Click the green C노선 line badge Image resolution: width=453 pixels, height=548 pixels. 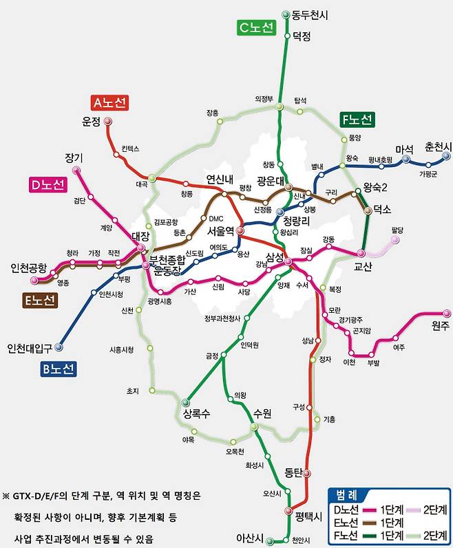(x=256, y=28)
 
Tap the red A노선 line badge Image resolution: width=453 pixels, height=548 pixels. (x=110, y=102)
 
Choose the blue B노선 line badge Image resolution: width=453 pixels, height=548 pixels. (x=56, y=369)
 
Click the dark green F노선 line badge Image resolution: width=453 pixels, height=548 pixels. (x=357, y=120)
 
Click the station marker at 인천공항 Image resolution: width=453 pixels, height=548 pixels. (x=34, y=280)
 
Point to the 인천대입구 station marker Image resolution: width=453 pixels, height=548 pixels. (x=59, y=347)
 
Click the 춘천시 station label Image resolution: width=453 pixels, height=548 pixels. (x=438, y=148)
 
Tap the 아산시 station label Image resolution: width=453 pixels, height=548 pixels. (x=250, y=538)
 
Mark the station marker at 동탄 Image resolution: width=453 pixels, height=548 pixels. (x=306, y=473)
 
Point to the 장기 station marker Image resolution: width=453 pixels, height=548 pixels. (x=76, y=169)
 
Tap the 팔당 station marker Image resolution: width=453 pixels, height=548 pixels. (x=395, y=240)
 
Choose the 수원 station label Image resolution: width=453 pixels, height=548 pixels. (x=262, y=413)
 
